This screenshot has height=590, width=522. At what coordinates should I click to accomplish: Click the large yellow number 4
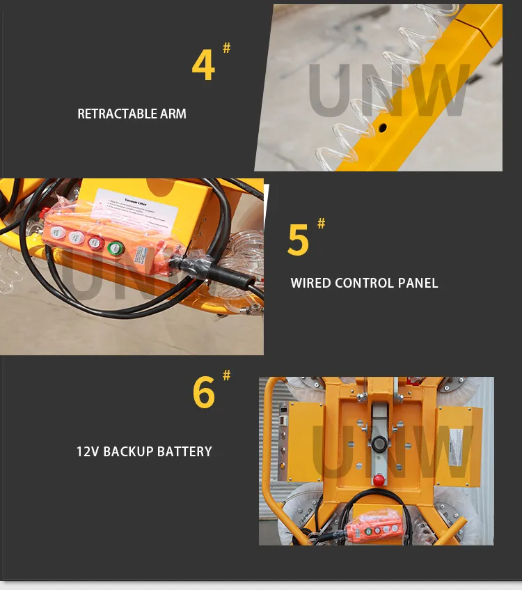pyautogui.click(x=203, y=66)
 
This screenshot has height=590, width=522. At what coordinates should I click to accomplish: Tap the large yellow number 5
pyautogui.click(x=298, y=240)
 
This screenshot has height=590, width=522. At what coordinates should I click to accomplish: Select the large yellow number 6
pyautogui.click(x=204, y=394)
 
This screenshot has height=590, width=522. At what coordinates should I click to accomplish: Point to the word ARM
pyautogui.click(x=173, y=114)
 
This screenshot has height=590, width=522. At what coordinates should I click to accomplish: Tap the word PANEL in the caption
pyautogui.click(x=419, y=283)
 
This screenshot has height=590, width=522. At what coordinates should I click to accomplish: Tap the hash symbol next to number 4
pyautogui.click(x=226, y=48)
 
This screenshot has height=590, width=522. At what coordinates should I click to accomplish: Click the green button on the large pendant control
pyautogui.click(x=113, y=248)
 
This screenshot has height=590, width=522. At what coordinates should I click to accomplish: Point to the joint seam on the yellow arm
pyautogui.click(x=470, y=31)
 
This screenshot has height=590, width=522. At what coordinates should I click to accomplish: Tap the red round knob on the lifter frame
pyautogui.click(x=379, y=479)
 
